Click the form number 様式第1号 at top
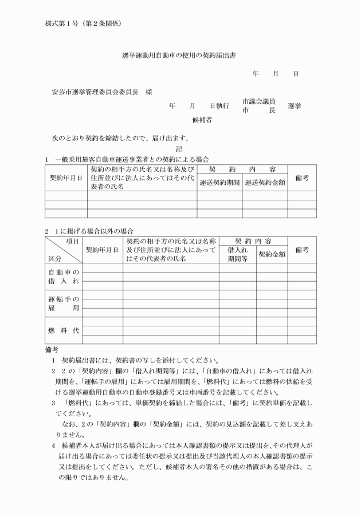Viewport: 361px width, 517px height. coord(63,23)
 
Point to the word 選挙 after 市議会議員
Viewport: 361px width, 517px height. coord(295,106)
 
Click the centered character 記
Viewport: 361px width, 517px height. coord(179,148)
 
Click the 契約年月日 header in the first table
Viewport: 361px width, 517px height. coord(66,178)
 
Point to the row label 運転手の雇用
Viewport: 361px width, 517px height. coord(63,303)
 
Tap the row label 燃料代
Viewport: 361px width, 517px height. coord(63,330)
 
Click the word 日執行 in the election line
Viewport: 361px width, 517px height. coord(219,106)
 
